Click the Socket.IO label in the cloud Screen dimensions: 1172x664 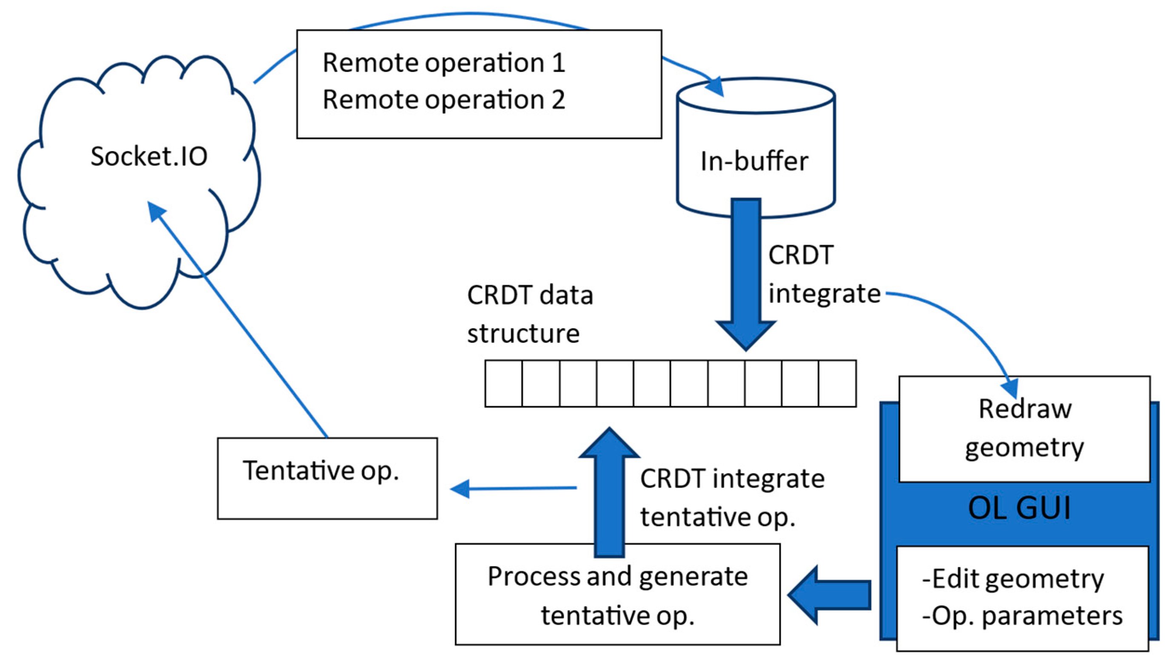[x=149, y=156]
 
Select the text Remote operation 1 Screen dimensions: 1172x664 [x=444, y=62]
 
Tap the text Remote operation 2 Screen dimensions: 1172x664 [x=444, y=100]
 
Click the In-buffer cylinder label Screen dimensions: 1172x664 [x=754, y=161]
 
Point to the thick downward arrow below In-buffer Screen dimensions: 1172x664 [x=746, y=274]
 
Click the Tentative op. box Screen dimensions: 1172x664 [x=327, y=479]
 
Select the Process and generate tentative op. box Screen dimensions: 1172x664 [x=617, y=594]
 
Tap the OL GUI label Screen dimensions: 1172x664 [x=1019, y=508]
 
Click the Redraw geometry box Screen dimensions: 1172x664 [x=1025, y=429]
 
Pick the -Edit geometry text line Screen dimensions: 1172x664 [x=1013, y=579]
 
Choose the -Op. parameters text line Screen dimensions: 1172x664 [x=1022, y=616]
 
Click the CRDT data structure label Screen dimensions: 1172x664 [x=530, y=314]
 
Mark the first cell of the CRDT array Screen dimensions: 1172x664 [x=503, y=383]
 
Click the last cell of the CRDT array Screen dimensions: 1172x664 [x=837, y=383]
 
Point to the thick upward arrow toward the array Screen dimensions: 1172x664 [x=609, y=493]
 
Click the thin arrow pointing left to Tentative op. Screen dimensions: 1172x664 [x=513, y=488]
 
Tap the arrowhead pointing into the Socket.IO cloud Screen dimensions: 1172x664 [x=156, y=211]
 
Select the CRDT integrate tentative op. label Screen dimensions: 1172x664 [x=732, y=498]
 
